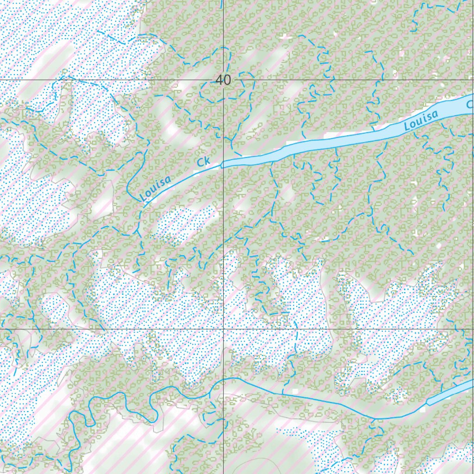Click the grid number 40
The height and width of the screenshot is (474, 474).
223,80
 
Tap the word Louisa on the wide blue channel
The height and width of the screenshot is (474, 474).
421,119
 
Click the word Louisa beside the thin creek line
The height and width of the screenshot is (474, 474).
155,188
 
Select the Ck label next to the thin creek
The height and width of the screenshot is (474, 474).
203,162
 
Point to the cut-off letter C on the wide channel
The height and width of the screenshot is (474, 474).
469,105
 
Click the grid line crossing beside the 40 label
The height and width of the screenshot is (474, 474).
224,80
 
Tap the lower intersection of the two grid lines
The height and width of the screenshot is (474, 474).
224,330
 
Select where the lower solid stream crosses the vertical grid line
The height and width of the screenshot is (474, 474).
224,379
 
